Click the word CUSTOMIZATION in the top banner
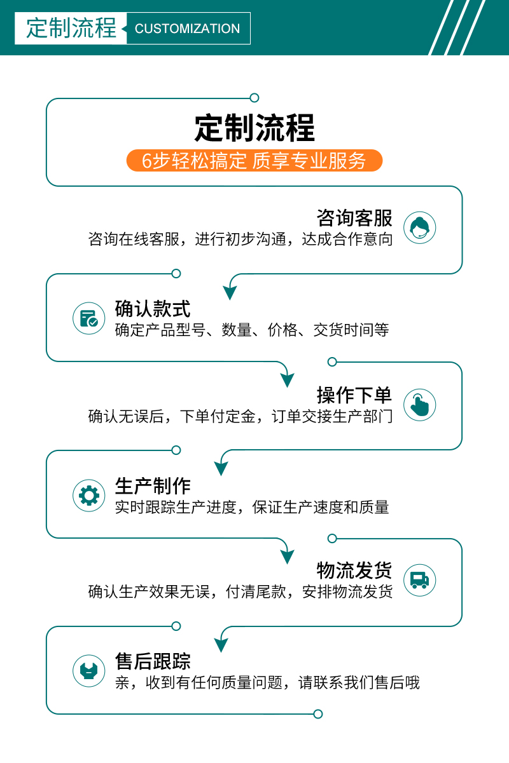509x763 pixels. tap(187, 29)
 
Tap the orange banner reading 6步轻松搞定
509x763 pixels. tap(254, 161)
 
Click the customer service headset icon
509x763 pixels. tap(419, 227)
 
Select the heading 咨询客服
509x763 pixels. tap(354, 218)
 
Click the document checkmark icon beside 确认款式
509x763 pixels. tap(88, 318)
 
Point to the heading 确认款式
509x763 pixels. tap(153, 309)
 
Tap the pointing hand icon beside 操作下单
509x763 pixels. tap(419, 405)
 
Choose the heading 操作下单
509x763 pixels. tap(354, 395)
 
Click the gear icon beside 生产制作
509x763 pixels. tap(88, 496)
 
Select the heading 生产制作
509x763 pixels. tap(153, 486)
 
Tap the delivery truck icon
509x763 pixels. tap(419, 580)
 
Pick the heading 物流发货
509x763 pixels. tap(354, 571)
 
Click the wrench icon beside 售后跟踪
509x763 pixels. tap(88, 671)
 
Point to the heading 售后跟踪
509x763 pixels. tap(153, 661)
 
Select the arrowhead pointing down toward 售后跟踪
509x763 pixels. tap(221, 645)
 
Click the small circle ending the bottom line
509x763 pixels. tap(318, 714)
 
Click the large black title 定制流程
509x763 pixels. tap(254, 128)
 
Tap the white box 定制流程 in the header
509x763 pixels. tap(71, 29)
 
